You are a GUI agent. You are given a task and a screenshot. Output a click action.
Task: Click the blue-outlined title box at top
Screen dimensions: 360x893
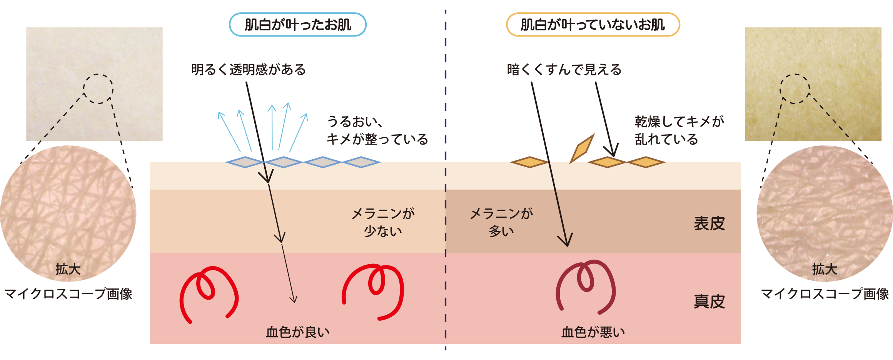coord(297,25)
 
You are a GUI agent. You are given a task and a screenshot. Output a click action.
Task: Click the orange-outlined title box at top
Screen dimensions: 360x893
coord(593,25)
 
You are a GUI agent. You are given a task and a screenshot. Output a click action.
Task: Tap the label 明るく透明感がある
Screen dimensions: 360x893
coord(248,70)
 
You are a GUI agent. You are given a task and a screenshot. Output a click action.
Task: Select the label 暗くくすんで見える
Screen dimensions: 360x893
coord(564,70)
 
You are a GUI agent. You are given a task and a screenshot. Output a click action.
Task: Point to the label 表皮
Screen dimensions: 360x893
coord(709,223)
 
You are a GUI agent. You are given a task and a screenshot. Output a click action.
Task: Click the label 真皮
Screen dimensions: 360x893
coord(709,302)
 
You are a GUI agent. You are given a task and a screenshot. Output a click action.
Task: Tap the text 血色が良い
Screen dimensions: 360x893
coord(297,332)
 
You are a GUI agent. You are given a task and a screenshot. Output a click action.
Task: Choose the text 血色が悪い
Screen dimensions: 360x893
coord(593,332)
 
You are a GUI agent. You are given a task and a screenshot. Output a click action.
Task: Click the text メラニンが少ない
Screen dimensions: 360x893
coord(383,222)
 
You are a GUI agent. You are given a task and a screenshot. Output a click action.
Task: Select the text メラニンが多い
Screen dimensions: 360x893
coord(501,222)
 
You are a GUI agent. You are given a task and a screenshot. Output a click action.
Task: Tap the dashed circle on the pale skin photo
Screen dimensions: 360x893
coord(98,89)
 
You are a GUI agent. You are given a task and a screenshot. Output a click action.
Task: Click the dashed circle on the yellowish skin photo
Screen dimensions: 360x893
coord(795,89)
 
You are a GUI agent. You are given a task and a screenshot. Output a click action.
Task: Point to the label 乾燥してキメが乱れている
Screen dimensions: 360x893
coord(679,130)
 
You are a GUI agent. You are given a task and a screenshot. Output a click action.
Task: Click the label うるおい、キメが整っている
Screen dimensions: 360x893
coord(377,130)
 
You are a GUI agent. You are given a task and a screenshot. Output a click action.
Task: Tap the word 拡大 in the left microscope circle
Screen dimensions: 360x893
coord(68,269)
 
